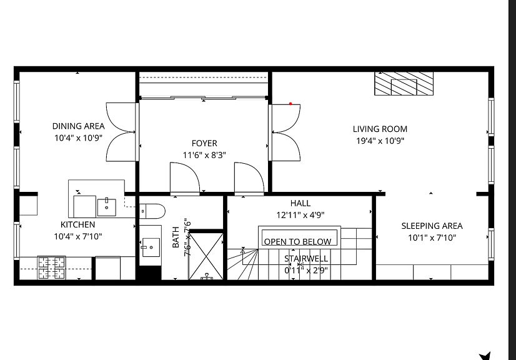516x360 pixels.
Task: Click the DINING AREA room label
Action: click(78, 126)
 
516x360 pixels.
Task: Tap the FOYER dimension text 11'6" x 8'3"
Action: click(204, 155)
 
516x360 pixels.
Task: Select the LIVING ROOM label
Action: click(380, 129)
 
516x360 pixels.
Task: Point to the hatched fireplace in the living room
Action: click(404, 84)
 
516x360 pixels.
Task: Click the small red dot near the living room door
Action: click(290, 104)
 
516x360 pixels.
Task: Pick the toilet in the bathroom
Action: click(152, 211)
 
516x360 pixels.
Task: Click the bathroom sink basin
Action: click(151, 247)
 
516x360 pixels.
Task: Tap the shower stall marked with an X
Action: click(206, 256)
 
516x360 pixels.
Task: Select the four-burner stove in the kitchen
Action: click(52, 267)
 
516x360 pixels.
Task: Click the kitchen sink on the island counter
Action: click(107, 207)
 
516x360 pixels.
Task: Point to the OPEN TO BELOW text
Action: click(297, 242)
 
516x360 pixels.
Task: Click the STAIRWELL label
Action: click(306, 259)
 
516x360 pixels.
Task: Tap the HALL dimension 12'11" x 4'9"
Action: click(300, 215)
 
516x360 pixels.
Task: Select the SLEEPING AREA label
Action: click(432, 226)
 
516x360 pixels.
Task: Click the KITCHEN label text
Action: click(77, 224)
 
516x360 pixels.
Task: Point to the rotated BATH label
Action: click(176, 237)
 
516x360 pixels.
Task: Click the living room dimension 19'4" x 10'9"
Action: click(380, 141)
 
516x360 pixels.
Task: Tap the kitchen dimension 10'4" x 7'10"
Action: click(78, 236)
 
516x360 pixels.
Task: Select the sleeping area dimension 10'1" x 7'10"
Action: click(432, 237)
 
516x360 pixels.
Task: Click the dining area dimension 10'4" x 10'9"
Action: click(78, 137)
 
